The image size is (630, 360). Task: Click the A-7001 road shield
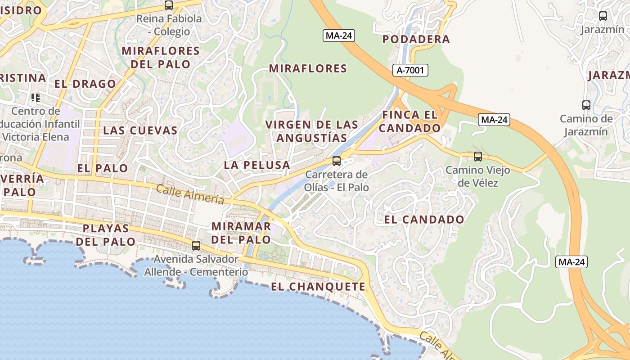[410, 70]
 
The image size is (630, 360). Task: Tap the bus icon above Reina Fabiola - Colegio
[169, 5]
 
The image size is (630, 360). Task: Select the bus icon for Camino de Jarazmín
[586, 105]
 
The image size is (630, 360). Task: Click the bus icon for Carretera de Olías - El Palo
[337, 161]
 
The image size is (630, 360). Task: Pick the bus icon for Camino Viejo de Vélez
[478, 157]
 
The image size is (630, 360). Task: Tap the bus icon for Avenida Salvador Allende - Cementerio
[196, 245]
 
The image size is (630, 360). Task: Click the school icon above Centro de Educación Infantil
[36, 97]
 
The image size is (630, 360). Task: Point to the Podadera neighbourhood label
[416, 39]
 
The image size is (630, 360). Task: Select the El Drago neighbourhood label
[85, 84]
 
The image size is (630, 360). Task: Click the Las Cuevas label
[140, 130]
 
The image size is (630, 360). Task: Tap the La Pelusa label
[257, 165]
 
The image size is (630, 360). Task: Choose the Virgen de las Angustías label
[312, 131]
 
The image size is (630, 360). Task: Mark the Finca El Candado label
[409, 121]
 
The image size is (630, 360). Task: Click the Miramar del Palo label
[241, 233]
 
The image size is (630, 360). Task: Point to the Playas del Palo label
[106, 235]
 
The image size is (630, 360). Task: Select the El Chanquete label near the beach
[318, 287]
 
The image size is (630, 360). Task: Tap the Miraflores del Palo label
[161, 57]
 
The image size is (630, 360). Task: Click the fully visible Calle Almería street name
[190, 194]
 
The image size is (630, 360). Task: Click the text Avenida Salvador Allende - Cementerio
[196, 265]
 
